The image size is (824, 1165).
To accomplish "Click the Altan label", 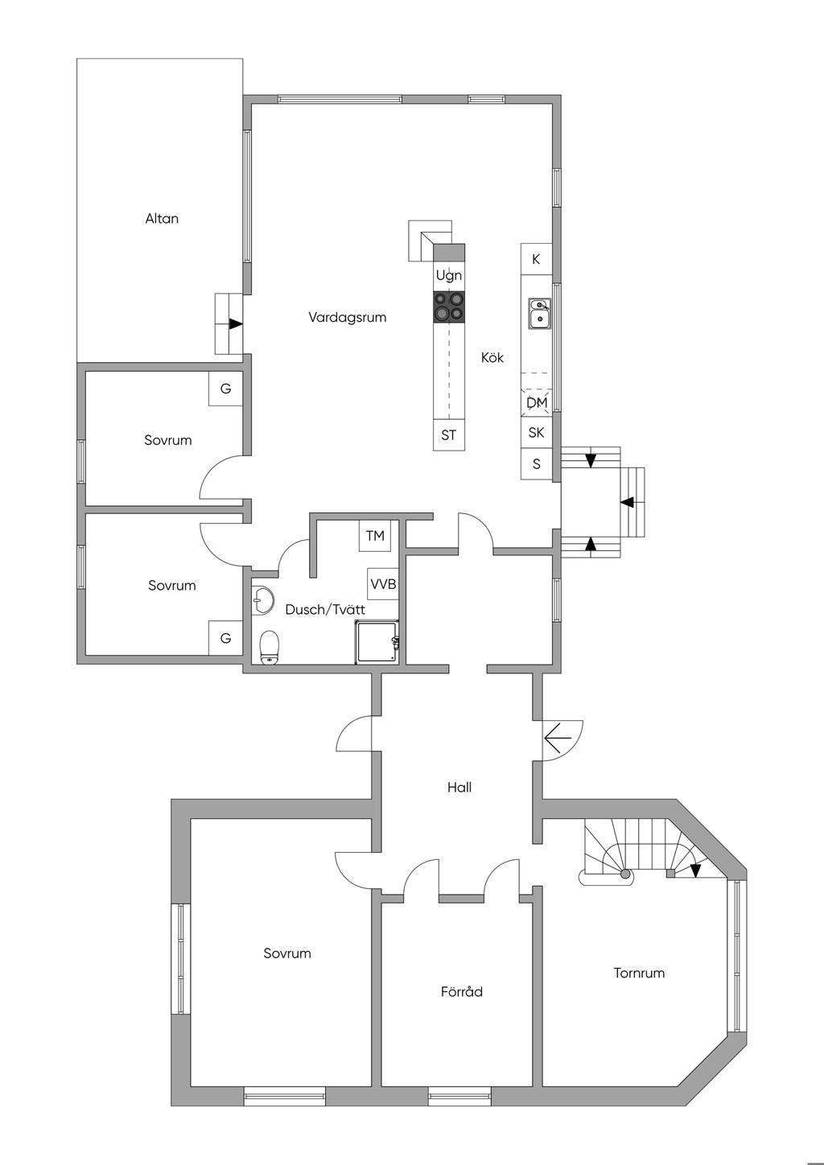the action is pos(162,219).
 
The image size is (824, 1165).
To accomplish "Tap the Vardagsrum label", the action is pos(348,317).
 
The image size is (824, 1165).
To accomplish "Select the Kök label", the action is pos(492,358).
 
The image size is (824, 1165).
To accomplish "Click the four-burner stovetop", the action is pos(449,307).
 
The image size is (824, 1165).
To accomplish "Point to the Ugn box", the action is pos(449,275).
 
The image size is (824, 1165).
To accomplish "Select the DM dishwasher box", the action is pos(537,402).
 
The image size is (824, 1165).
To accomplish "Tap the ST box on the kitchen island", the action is pos(449,434).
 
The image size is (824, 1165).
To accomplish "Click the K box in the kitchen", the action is pos(537,258).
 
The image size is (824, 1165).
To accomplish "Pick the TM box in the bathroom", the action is pos(375,536).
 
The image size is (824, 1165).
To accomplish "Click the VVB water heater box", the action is pos(383,584).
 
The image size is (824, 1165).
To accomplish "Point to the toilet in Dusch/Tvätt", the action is pos(270,648).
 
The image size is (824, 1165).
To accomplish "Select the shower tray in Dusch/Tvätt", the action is pos(377,642).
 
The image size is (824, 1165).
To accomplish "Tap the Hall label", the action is pos(459,788).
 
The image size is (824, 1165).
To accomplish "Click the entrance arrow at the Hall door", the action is pos(558,738).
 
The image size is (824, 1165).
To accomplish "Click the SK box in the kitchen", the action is pos(537,433).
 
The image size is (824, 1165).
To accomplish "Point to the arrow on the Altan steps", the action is pos(236,324).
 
